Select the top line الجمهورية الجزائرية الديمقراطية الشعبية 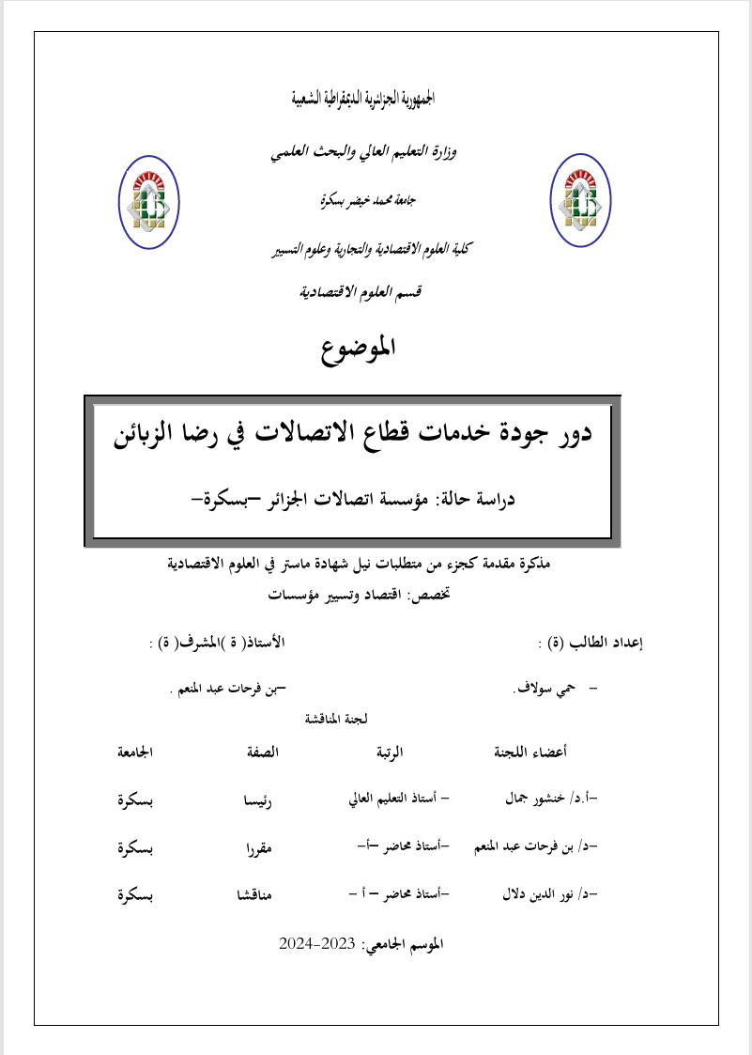362,99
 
